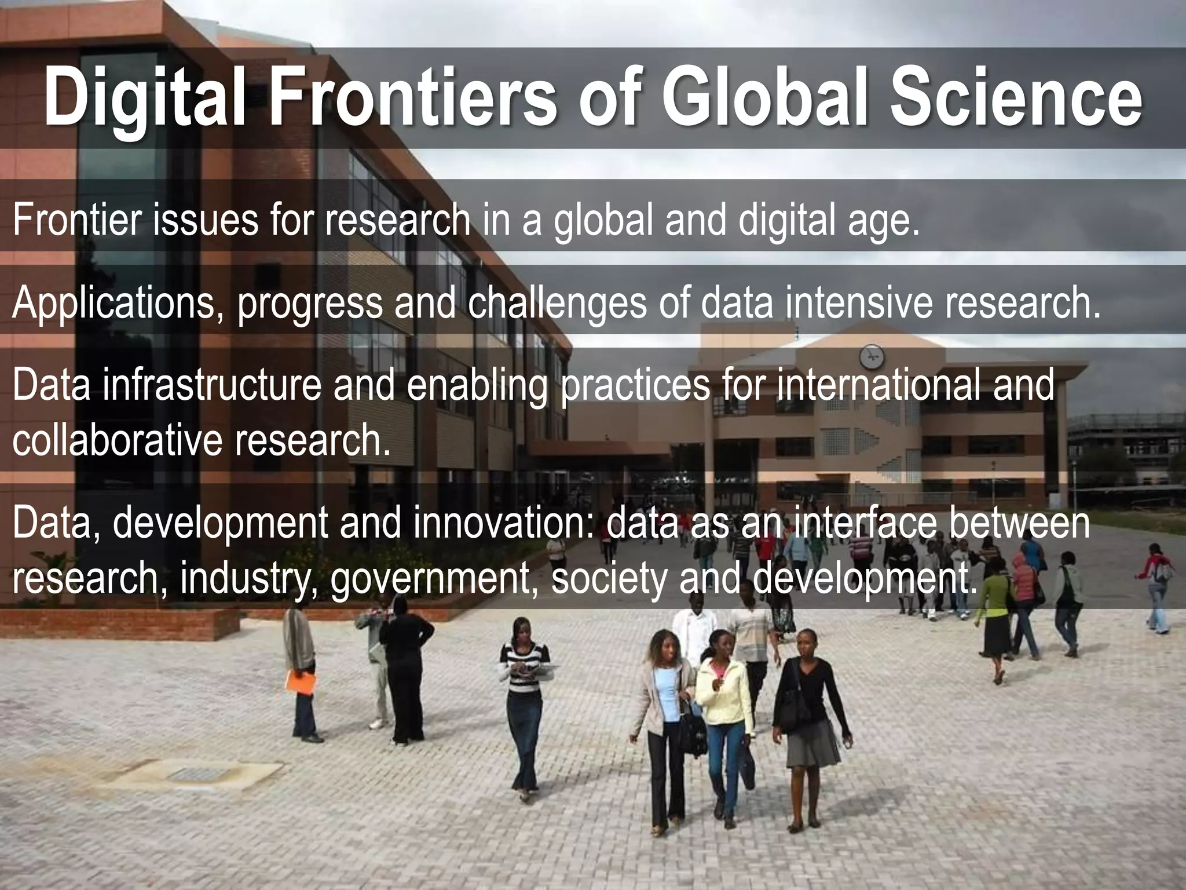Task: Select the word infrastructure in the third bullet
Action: (x=212, y=385)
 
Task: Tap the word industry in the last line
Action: (x=248, y=579)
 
